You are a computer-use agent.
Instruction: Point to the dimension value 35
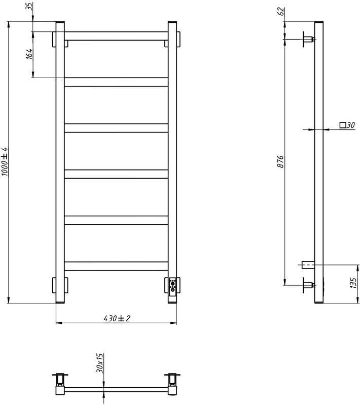click(x=29, y=8)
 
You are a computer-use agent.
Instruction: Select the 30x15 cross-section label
click(x=101, y=364)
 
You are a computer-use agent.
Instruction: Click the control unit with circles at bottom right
click(x=173, y=286)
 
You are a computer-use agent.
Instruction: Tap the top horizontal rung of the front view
click(x=116, y=36)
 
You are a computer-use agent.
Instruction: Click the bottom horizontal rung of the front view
click(x=116, y=265)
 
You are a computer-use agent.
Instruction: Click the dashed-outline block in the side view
click(x=307, y=264)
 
